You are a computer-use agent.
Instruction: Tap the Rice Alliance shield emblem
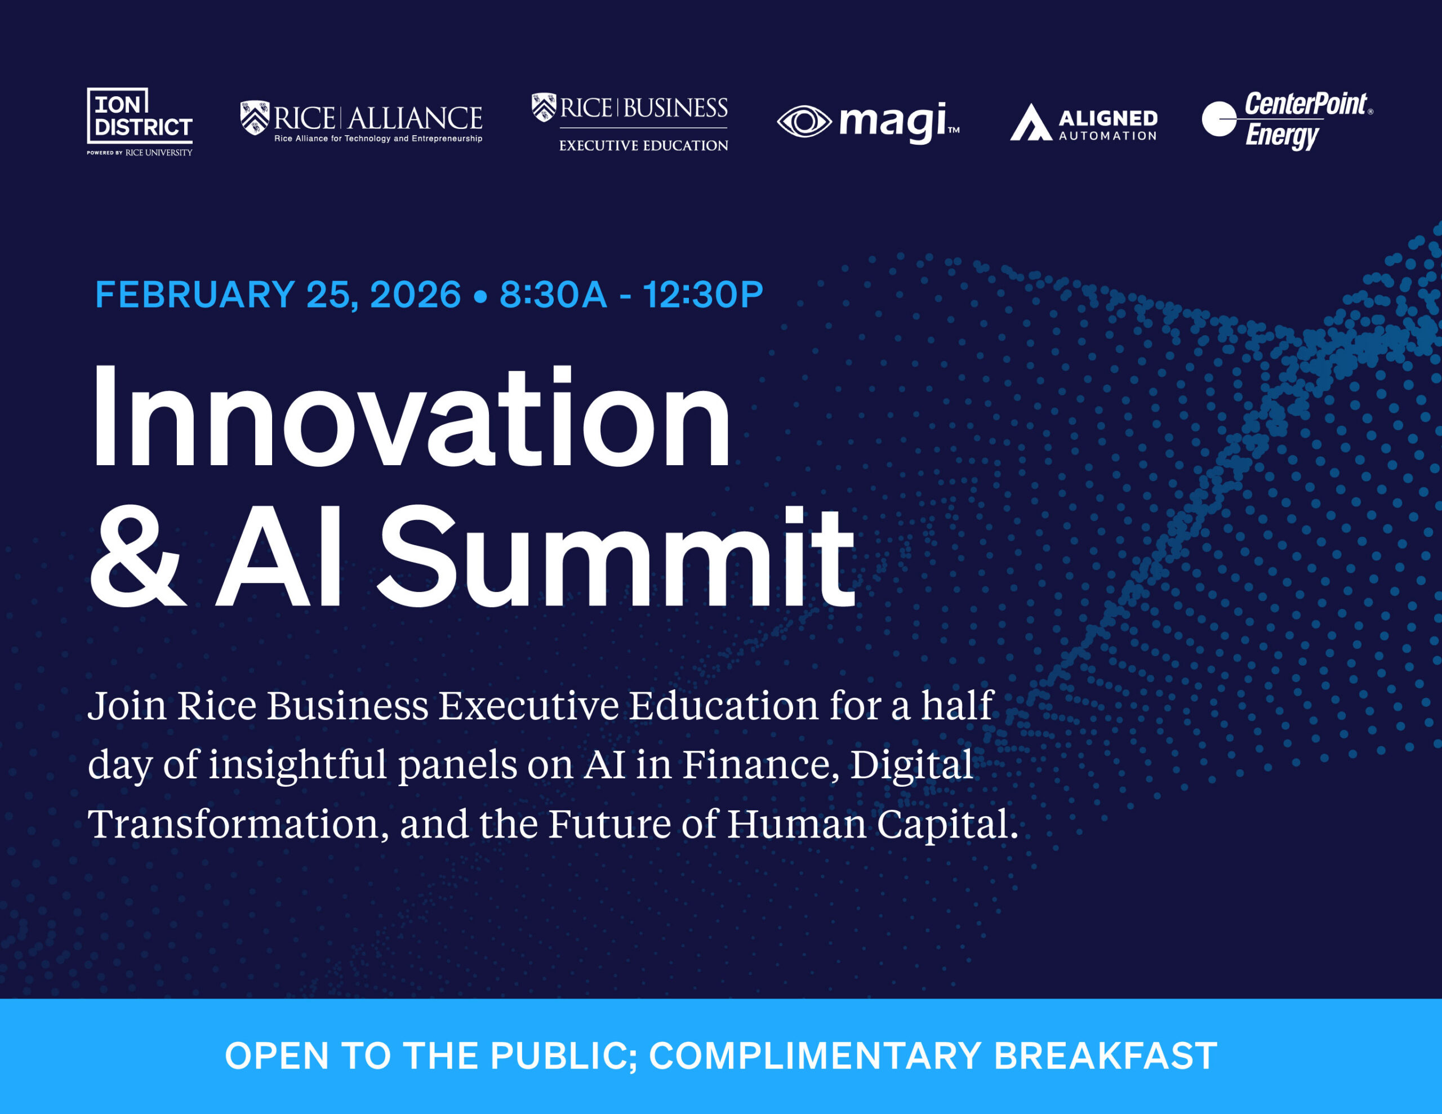click(x=255, y=118)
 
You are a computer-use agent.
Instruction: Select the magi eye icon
click(x=804, y=122)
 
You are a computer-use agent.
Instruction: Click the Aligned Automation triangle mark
click(x=1030, y=123)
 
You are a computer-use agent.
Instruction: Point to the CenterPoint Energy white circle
click(x=1218, y=119)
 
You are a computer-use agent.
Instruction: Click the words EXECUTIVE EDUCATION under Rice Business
click(x=643, y=146)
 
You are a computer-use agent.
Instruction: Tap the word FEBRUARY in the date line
click(x=195, y=295)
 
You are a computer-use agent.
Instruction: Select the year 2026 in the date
click(x=415, y=295)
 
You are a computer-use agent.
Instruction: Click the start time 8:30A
click(x=553, y=295)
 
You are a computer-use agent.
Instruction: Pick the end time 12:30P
click(x=702, y=295)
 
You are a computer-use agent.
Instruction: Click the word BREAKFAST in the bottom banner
click(x=1105, y=1056)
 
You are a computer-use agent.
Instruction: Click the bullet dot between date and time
click(x=480, y=296)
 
